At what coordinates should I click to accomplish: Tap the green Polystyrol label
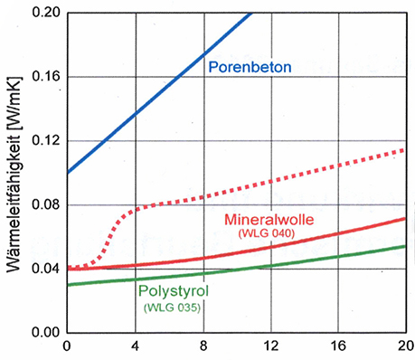[174, 292]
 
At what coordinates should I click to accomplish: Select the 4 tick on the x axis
[135, 348]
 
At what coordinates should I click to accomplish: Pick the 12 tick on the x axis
[272, 348]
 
